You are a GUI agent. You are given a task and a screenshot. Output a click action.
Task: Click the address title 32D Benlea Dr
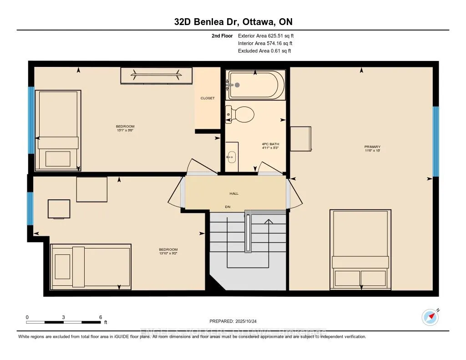[x=233, y=21]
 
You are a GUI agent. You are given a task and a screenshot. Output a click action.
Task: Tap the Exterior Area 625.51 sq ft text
[x=269, y=35]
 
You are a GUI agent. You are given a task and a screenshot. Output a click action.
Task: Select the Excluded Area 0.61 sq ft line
[x=264, y=51]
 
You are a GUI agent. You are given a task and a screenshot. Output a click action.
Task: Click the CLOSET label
[x=207, y=98]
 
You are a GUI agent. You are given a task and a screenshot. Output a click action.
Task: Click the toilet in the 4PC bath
[x=241, y=114]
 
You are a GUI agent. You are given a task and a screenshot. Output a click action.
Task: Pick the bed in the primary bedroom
[x=360, y=249]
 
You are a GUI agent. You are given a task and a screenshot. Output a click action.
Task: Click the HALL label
[x=233, y=193]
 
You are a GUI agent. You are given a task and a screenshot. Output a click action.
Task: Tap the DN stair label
[x=228, y=207]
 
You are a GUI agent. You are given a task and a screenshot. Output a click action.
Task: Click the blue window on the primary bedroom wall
[x=436, y=142]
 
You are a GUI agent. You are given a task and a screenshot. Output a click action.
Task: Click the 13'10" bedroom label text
[x=168, y=251]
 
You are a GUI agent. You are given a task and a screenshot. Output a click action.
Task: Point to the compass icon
[x=430, y=317]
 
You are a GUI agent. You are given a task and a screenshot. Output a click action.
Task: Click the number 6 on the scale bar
[x=100, y=317]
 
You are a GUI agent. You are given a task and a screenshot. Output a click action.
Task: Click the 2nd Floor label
[x=222, y=35]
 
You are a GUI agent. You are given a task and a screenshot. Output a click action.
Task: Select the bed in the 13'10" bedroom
[x=91, y=267]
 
